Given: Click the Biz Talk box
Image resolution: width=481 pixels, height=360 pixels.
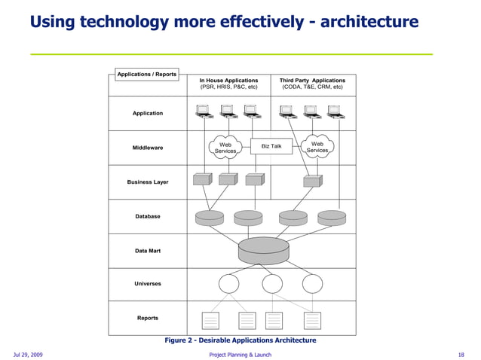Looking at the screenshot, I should [271, 146].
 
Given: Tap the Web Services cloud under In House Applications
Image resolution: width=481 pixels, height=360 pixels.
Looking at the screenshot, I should [225, 147].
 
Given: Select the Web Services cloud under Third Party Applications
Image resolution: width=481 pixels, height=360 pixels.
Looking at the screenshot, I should [317, 147].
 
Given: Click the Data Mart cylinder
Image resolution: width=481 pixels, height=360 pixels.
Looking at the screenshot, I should [263, 249].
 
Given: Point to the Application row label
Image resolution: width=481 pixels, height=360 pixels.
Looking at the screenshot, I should [148, 113].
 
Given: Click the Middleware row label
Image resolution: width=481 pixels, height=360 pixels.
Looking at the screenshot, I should [148, 148].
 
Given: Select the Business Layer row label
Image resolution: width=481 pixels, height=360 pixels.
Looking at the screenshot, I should [148, 182].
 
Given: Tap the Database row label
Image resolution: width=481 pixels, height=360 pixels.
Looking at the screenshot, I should [148, 216].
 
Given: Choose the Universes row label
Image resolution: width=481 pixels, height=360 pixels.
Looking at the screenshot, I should [148, 284].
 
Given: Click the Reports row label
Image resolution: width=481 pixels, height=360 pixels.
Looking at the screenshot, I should [148, 318].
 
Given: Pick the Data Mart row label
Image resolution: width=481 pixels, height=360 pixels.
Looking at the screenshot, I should [148, 251].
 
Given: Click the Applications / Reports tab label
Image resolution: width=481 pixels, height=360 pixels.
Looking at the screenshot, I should [147, 74].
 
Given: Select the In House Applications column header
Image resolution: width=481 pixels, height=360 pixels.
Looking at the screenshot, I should [228, 84].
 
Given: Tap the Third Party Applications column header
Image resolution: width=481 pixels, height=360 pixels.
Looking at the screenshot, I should [312, 84].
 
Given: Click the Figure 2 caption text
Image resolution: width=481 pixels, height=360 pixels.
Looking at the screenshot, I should [240, 340].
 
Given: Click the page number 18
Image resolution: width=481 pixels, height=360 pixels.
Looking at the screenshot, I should [461, 354].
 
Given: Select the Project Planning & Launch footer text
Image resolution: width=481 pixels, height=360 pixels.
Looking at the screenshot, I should [240, 354].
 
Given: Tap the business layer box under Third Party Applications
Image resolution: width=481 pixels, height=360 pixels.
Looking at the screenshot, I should [311, 181].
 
